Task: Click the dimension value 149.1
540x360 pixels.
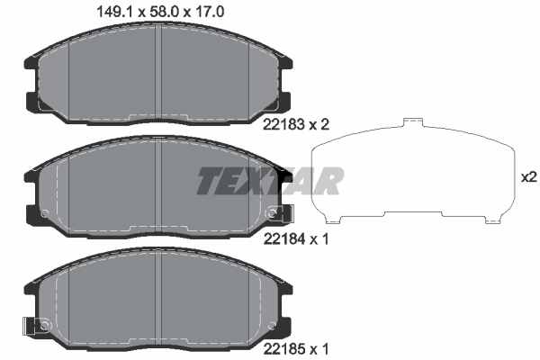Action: (115, 13)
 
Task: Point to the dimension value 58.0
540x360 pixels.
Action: (165, 13)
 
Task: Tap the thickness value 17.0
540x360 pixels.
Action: (209, 13)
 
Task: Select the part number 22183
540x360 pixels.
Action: (283, 124)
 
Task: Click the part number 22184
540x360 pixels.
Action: (284, 238)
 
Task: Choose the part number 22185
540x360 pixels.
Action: (284, 350)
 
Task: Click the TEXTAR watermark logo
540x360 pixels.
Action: (270, 181)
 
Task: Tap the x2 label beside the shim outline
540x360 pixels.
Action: (529, 177)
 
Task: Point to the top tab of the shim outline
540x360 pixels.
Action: (413, 122)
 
